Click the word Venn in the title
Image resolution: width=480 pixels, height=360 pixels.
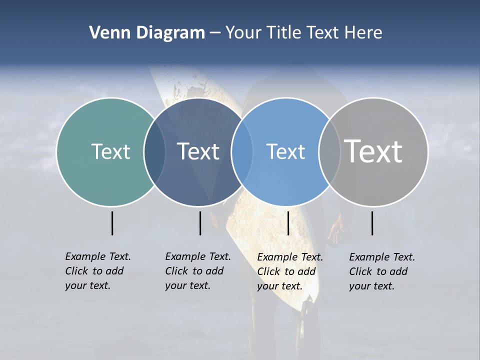pyautogui.click(x=106, y=33)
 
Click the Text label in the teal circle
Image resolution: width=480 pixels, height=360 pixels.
pyautogui.click(x=110, y=151)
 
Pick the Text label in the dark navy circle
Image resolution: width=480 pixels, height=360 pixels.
pyautogui.click(x=198, y=151)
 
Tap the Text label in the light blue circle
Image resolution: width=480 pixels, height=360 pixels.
pyautogui.click(x=285, y=151)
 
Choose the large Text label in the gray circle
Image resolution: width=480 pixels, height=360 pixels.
pyautogui.click(x=373, y=151)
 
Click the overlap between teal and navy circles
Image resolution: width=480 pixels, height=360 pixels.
pyautogui.click(x=154, y=151)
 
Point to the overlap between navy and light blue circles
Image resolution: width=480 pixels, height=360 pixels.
pyautogui.click(x=242, y=151)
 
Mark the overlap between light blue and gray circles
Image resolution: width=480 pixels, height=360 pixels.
pyautogui.click(x=329, y=151)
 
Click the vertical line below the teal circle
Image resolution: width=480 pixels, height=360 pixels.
pyautogui.click(x=112, y=223)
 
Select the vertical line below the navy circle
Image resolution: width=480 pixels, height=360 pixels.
pyautogui.click(x=200, y=223)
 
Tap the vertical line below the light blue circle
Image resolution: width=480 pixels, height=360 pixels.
pyautogui.click(x=288, y=223)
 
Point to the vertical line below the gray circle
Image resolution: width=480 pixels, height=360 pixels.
pyautogui.click(x=372, y=223)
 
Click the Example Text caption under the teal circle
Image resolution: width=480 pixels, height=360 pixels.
pyautogui.click(x=98, y=271)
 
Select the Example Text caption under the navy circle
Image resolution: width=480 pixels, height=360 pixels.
pyautogui.click(x=198, y=271)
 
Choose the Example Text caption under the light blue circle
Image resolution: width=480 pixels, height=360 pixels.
pyautogui.click(x=290, y=271)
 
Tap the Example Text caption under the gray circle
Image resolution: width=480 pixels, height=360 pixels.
pyautogui.click(x=382, y=271)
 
